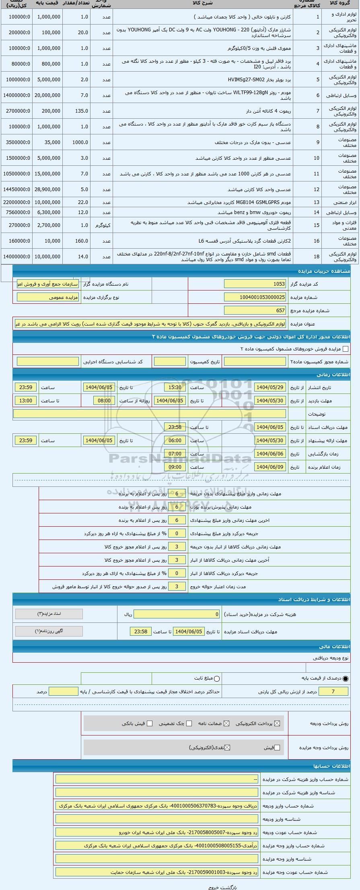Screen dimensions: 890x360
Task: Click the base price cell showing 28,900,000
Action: (x=48, y=190)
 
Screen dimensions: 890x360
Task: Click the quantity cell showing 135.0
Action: (x=76, y=111)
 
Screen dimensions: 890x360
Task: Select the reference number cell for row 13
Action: (x=317, y=203)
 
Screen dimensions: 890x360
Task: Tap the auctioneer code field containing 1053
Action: (x=255, y=284)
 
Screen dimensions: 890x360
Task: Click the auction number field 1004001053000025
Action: (x=255, y=297)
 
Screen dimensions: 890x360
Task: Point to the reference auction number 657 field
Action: (x=255, y=311)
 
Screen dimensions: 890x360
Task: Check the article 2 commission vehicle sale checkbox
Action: (x=345, y=349)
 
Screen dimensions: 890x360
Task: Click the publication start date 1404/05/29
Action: (x=270, y=387)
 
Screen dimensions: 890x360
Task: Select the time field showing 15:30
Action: (x=175, y=387)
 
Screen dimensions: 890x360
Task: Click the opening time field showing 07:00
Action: (x=175, y=454)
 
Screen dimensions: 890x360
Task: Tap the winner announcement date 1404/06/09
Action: (x=270, y=467)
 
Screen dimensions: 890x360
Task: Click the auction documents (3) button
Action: (x=49, y=614)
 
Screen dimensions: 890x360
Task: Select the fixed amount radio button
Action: (x=217, y=679)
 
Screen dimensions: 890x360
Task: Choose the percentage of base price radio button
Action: (x=346, y=679)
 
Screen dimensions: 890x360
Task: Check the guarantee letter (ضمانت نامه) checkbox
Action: (x=226, y=723)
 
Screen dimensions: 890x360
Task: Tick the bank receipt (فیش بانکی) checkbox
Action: (x=150, y=723)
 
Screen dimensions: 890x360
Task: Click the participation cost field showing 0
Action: (x=177, y=614)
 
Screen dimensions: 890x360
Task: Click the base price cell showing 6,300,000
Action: (x=48, y=212)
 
